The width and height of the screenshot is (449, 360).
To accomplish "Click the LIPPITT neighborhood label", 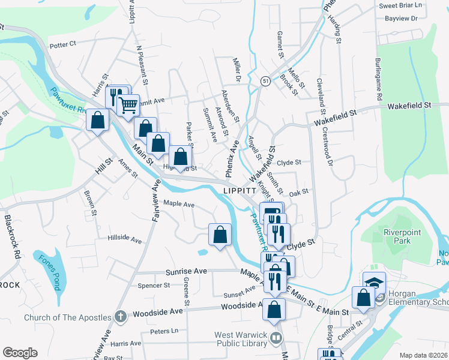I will click(x=240, y=189).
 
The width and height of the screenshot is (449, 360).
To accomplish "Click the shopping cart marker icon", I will click(x=128, y=106).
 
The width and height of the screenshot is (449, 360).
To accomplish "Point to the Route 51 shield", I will click(x=265, y=80).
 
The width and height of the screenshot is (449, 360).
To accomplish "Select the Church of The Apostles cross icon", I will click(x=120, y=316).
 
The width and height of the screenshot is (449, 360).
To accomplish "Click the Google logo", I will click(x=20, y=353).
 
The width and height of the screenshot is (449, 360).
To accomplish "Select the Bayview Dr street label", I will click(x=401, y=19).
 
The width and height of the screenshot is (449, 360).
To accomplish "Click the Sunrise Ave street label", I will click(x=186, y=271).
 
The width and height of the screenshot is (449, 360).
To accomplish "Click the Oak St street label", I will click(x=298, y=193).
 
